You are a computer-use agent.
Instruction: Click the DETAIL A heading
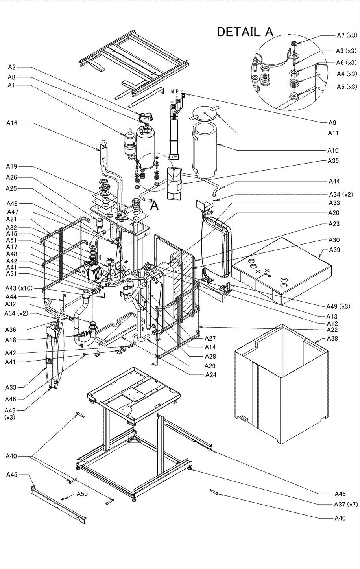click(x=245, y=32)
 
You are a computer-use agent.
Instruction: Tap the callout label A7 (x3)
click(x=347, y=35)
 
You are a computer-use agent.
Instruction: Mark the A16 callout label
click(x=12, y=123)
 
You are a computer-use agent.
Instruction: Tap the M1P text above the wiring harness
click(x=175, y=91)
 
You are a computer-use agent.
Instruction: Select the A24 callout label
click(x=211, y=375)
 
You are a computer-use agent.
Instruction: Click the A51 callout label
click(x=12, y=240)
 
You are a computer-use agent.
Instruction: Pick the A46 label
click(x=11, y=399)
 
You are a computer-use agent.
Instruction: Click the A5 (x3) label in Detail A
click(x=347, y=87)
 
